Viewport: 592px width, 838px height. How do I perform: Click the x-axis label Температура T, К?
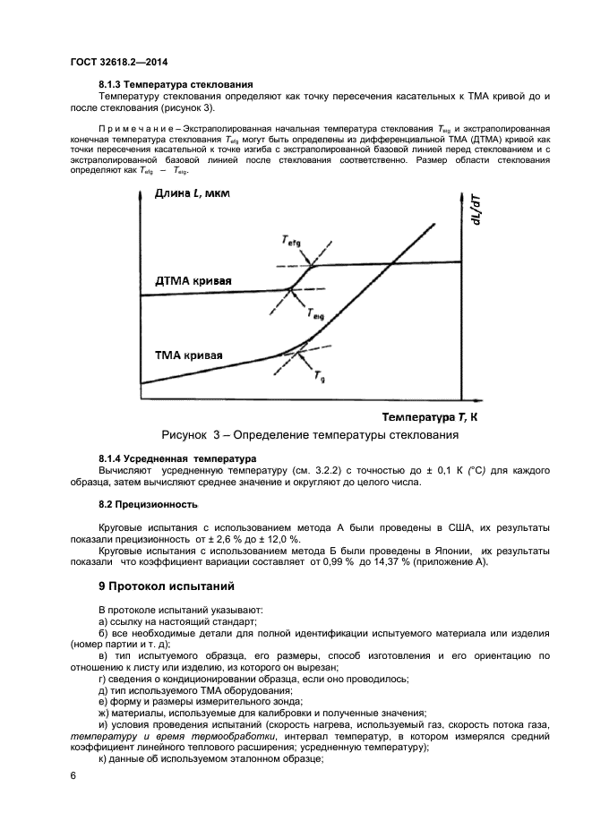pyautogui.click(x=431, y=416)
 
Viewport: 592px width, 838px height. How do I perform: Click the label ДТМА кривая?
pyautogui.click(x=193, y=280)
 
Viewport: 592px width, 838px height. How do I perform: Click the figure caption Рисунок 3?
pyautogui.click(x=310, y=435)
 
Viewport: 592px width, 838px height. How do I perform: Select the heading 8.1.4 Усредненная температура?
pyautogui.click(x=177, y=458)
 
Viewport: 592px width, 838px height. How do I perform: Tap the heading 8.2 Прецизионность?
pyautogui.click(x=148, y=504)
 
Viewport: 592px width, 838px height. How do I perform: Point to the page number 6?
pyautogui.click(x=73, y=776)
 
